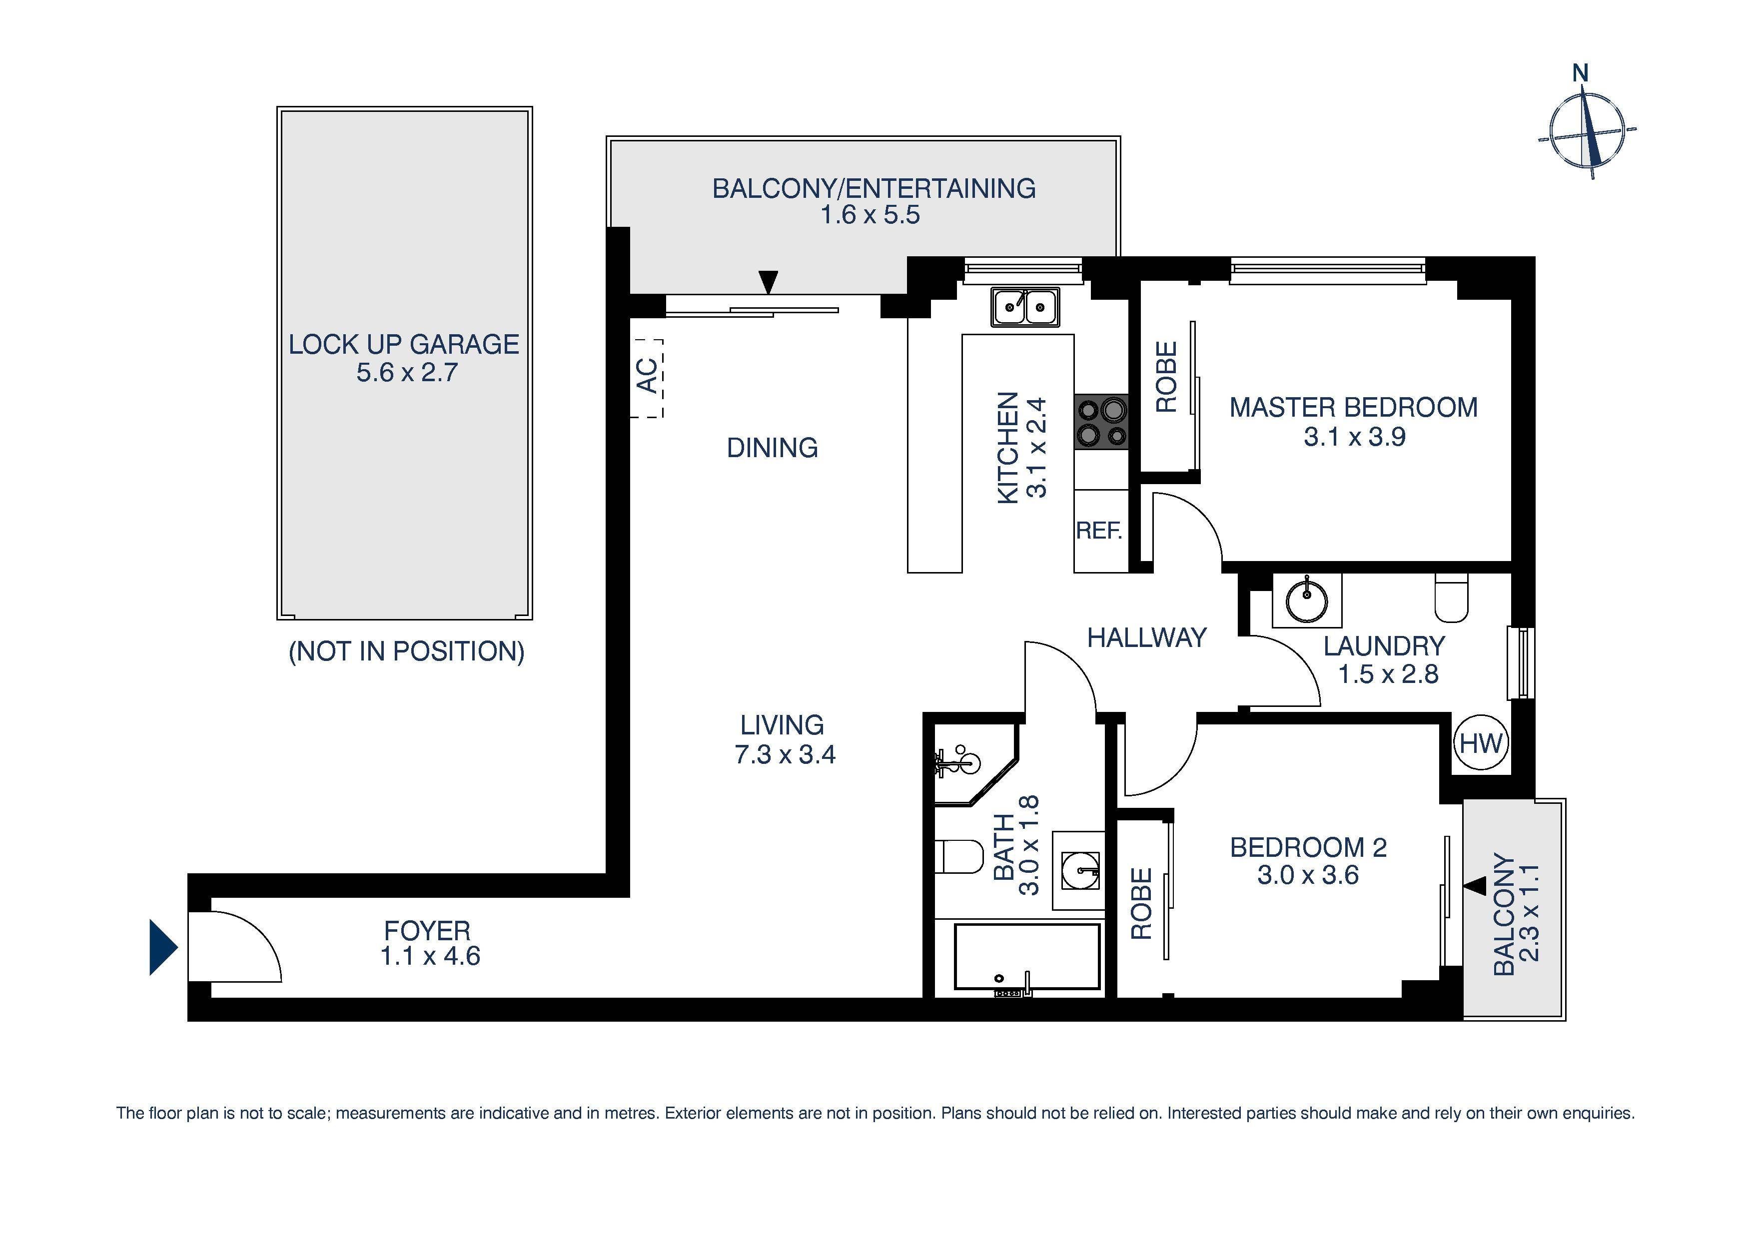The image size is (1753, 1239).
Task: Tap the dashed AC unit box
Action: point(646,377)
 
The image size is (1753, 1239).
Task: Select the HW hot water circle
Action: point(1481,743)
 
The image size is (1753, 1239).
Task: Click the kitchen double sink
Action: point(1024,307)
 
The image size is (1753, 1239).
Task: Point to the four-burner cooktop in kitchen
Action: point(1101,421)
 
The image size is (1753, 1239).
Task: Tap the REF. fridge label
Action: point(1099,531)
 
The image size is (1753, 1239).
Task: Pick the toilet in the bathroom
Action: point(960,856)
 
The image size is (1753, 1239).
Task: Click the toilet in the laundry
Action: point(1451,600)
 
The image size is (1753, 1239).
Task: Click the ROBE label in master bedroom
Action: point(1166,377)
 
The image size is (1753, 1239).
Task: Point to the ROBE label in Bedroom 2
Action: point(1141,903)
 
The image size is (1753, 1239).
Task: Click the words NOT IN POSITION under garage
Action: point(406,651)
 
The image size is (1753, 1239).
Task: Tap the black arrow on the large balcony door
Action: point(768,282)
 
